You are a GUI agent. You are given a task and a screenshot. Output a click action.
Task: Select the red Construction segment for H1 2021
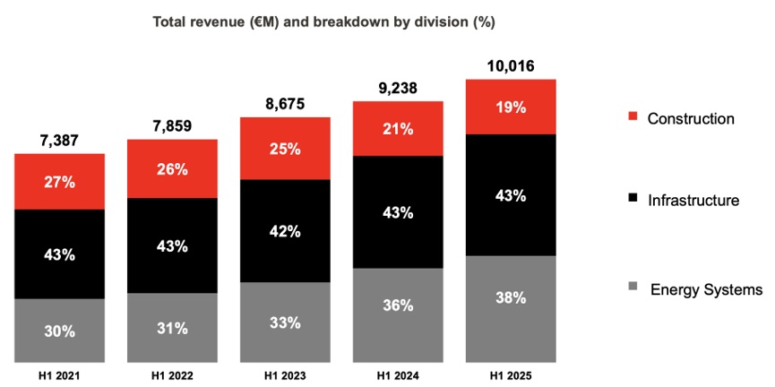pyautogui.click(x=59, y=182)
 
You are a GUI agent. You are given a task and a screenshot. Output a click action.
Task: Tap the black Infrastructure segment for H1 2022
pyautogui.click(x=172, y=245)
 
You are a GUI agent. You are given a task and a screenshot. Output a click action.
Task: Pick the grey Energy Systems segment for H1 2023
pyautogui.click(x=285, y=322)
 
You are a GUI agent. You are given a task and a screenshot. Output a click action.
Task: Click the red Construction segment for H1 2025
pyautogui.click(x=512, y=107)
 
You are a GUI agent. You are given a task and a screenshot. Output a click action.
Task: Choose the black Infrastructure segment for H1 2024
pyautogui.click(x=398, y=212)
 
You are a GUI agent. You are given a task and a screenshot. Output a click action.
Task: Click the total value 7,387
pyautogui.click(x=59, y=141)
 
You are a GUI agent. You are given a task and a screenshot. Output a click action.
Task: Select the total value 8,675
pyautogui.click(x=285, y=104)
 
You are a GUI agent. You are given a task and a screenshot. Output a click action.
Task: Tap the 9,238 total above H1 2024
pyautogui.click(x=398, y=88)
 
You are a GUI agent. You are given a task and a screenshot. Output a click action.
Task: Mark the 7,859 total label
pyautogui.click(x=172, y=126)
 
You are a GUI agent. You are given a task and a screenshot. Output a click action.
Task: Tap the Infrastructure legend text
pyautogui.click(x=693, y=201)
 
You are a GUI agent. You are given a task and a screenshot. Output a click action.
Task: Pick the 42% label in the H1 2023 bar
pyautogui.click(x=285, y=231)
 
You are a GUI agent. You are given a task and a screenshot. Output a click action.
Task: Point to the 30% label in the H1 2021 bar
pyautogui.click(x=59, y=331)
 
